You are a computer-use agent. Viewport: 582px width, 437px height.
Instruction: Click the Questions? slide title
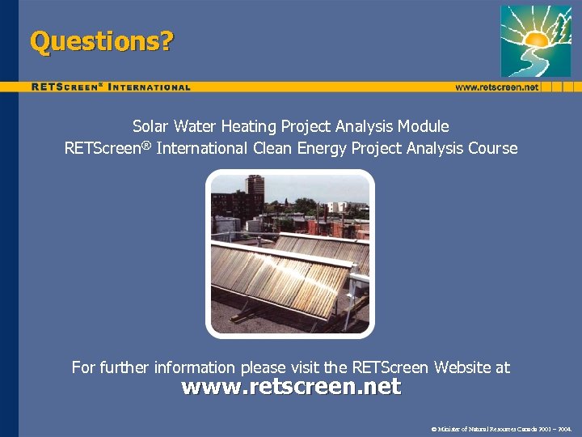pos(101,41)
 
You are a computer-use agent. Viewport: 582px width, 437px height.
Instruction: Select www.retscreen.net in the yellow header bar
pos(496,87)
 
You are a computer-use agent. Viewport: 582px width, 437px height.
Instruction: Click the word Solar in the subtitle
pos(151,126)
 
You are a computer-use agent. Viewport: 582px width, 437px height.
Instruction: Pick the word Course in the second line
pos(491,148)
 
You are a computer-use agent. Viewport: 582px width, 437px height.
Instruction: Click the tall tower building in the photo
pos(255,192)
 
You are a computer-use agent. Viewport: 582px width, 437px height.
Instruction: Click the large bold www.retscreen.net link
pos(291,387)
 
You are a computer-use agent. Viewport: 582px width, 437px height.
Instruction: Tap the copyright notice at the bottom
pos(501,427)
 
